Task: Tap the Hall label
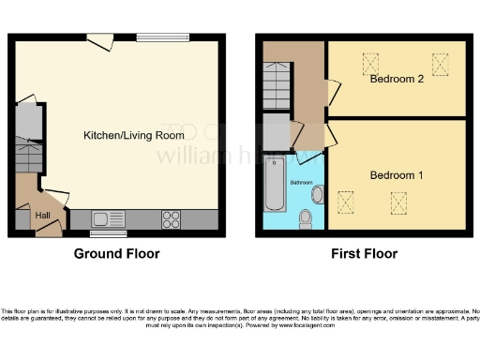click(x=43, y=215)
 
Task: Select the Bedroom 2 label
click(x=397, y=79)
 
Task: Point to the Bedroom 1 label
click(x=397, y=175)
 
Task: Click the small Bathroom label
click(x=300, y=182)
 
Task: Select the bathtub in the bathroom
click(x=274, y=185)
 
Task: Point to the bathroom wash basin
click(x=317, y=195)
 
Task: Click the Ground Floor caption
click(x=116, y=254)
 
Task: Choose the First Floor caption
click(x=364, y=254)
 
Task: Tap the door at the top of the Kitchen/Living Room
click(x=98, y=41)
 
